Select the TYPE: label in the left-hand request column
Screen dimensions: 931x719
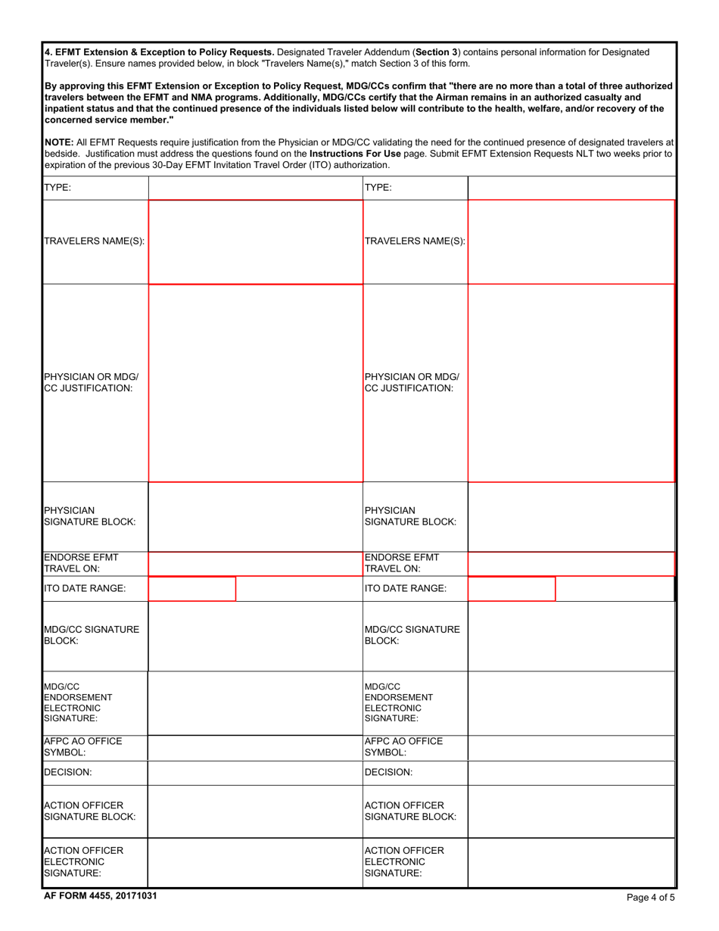(58, 188)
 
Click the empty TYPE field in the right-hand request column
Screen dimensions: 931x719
(571, 188)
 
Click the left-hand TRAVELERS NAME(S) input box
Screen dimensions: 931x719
(255, 241)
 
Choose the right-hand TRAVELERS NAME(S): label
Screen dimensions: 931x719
(415, 241)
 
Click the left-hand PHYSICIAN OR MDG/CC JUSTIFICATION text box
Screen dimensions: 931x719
(255, 383)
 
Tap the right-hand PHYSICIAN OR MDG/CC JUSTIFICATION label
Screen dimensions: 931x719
(412, 383)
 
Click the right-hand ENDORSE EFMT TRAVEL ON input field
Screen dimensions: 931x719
(571, 564)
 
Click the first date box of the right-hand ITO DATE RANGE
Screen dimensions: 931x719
(512, 588)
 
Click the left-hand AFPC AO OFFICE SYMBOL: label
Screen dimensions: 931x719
(83, 747)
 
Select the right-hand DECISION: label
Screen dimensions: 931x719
(388, 773)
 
